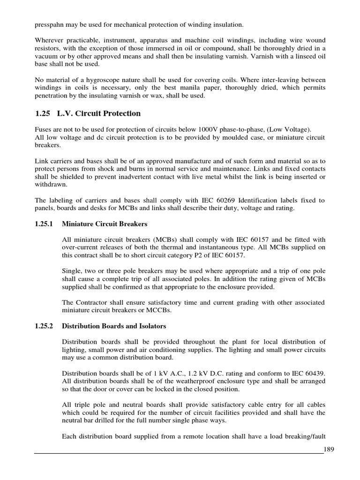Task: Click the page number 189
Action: coord(330,450)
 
